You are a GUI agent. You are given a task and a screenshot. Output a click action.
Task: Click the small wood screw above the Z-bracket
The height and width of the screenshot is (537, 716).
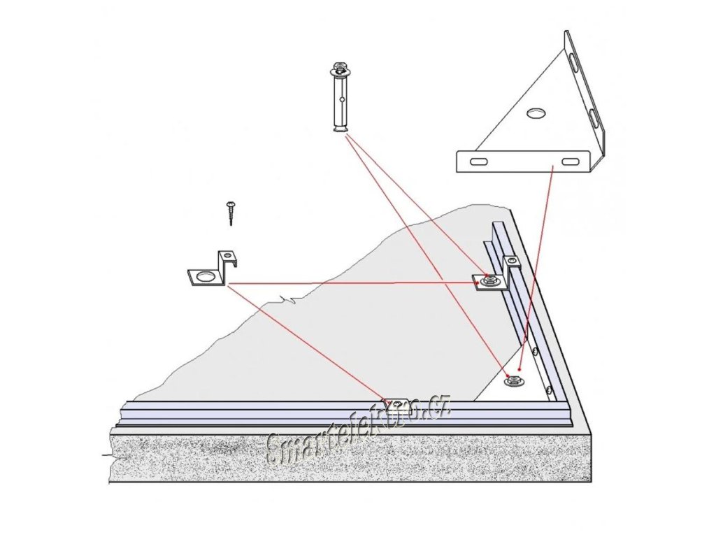pos(231,211)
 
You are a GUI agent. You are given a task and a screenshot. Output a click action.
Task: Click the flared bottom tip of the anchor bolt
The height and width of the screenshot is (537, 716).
pos(341,127)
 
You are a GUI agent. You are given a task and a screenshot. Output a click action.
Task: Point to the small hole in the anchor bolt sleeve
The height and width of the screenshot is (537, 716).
pos(341,99)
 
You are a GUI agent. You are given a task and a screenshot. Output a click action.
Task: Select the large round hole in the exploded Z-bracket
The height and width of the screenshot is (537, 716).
pos(204,277)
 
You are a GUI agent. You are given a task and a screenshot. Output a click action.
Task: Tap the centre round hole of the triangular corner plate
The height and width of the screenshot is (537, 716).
pos(537,112)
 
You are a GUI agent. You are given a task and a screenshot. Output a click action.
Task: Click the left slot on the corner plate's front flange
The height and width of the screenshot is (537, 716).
pos(479,162)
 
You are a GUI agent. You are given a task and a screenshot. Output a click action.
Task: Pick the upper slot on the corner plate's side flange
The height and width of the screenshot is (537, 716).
pos(575,65)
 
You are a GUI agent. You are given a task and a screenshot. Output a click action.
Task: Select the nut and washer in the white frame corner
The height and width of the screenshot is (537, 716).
pos(514,380)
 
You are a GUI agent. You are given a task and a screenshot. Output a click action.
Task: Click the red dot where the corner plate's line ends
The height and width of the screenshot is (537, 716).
pos(520,368)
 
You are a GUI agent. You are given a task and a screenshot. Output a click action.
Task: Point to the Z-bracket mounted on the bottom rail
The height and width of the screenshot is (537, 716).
pos(397,405)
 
